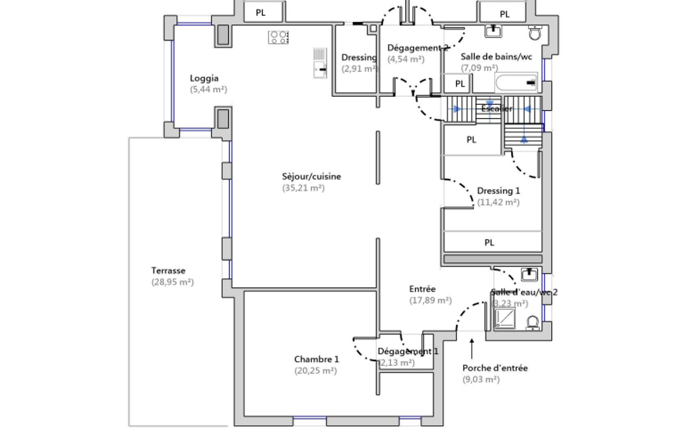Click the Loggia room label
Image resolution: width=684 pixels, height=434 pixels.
tap(204, 78)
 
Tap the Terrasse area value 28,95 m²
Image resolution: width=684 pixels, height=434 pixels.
tap(172, 282)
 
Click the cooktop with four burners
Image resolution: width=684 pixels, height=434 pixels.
tap(278, 37)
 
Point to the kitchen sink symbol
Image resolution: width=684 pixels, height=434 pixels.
tap(320, 64)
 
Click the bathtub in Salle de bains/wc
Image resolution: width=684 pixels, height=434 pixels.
tap(516, 83)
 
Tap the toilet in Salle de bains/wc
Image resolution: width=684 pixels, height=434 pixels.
tap(535, 33)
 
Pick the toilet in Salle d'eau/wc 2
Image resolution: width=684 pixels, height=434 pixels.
tap(533, 323)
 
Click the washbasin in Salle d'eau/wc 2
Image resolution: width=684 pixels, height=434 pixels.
tap(529, 274)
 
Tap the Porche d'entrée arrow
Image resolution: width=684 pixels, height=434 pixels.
tap(472, 348)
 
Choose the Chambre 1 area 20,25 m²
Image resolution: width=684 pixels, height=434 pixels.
tap(316, 371)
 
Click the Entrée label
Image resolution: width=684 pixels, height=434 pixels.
tap(422, 289)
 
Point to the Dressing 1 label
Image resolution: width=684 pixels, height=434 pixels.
tap(497, 191)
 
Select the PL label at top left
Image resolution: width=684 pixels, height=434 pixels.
tap(261, 12)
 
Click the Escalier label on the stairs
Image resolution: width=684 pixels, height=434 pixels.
tap(496, 109)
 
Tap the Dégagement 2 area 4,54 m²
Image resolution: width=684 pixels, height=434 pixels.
tap(406, 59)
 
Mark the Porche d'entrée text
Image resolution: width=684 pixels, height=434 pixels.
tap(494, 368)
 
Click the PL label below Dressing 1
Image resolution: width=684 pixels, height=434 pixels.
tap(489, 243)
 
